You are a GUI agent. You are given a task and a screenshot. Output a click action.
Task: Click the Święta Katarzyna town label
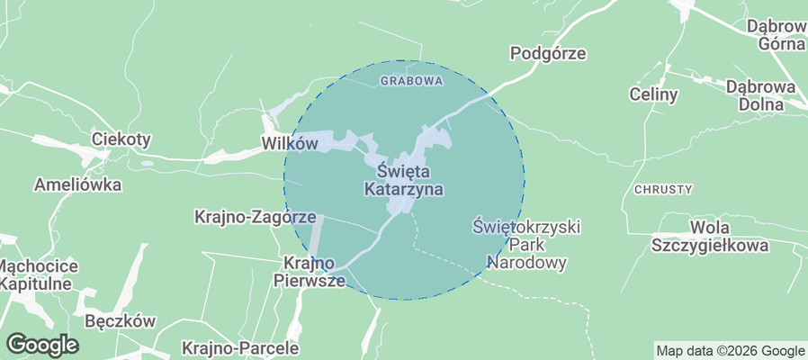click(403, 179)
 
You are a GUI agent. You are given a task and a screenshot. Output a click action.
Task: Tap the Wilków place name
click(289, 143)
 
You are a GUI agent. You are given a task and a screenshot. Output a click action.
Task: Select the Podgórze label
click(547, 54)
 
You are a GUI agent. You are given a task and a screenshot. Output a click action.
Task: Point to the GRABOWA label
click(412, 81)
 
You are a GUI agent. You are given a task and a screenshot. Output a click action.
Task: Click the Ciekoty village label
click(121, 139)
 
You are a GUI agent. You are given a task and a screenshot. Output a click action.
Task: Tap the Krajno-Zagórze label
click(255, 217)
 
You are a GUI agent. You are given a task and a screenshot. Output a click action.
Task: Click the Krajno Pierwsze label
click(309, 271)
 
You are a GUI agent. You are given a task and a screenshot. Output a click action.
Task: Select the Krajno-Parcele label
click(227, 346)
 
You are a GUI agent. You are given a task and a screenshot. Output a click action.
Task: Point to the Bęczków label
click(120, 321)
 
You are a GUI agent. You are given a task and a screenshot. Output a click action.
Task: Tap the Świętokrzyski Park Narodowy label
click(526, 244)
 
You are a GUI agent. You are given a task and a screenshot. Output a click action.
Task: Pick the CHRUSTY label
click(663, 190)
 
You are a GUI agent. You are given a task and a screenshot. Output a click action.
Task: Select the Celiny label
click(653, 94)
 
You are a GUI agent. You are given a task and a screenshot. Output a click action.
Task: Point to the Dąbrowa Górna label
click(775, 34)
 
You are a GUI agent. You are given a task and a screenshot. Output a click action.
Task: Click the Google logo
click(42, 344)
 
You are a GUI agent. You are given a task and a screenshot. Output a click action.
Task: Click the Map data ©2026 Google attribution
click(730, 351)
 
